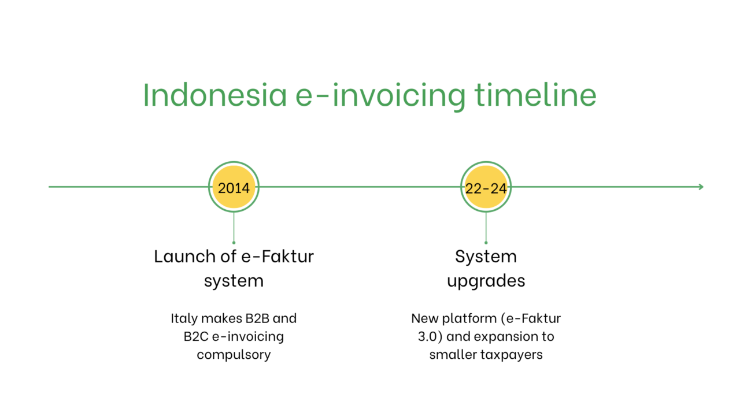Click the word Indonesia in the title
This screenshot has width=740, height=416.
pyautogui.click(x=214, y=95)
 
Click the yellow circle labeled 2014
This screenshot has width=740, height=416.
pyautogui.click(x=234, y=187)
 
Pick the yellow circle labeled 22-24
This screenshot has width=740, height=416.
pyautogui.click(x=486, y=187)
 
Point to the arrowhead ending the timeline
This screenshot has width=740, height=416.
pyautogui.click(x=701, y=187)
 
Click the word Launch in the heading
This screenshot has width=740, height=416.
pyautogui.click(x=184, y=257)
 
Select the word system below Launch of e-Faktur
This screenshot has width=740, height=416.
pyautogui.click(x=234, y=281)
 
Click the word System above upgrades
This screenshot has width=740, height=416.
pyautogui.click(x=486, y=257)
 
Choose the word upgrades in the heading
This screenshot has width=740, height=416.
pyautogui.click(x=486, y=281)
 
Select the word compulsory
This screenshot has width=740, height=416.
pyautogui.click(x=234, y=355)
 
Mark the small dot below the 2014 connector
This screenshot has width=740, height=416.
pyautogui.click(x=234, y=243)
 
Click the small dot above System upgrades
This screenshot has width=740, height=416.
pyautogui.click(x=486, y=243)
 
